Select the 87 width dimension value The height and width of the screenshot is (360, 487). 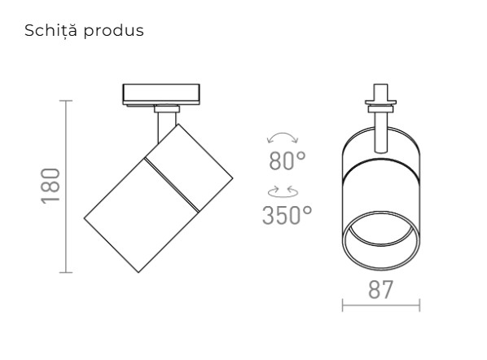tap(380, 289)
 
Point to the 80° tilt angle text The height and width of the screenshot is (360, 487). tap(287, 161)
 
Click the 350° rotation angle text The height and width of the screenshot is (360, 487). tap(287, 215)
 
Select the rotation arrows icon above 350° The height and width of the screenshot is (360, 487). tap(284, 192)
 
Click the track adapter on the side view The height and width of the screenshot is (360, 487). tap(159, 94)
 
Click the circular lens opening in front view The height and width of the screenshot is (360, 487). tap(380, 242)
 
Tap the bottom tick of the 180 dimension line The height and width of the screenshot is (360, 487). tap(66, 271)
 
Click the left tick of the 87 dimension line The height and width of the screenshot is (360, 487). tap(342, 305)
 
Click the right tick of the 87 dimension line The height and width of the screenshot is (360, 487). tap(419, 305)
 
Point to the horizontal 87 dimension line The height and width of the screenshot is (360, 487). tap(380, 305)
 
